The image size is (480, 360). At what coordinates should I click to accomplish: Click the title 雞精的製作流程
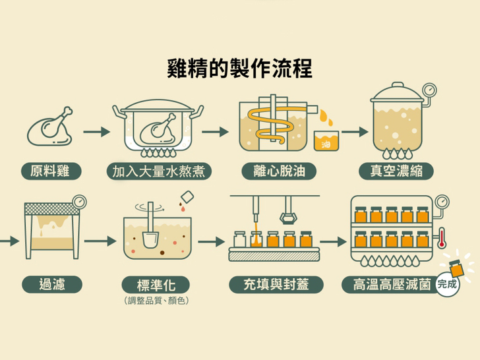[x=240, y=68]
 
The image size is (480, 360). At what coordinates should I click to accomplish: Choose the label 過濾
[x=52, y=285]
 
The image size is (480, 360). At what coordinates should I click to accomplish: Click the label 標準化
[x=156, y=285]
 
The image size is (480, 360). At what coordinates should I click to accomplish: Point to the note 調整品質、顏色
[x=156, y=301]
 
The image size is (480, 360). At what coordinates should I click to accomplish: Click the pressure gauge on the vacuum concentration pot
[x=429, y=89]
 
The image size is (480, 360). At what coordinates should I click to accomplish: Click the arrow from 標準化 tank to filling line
[x=212, y=243]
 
